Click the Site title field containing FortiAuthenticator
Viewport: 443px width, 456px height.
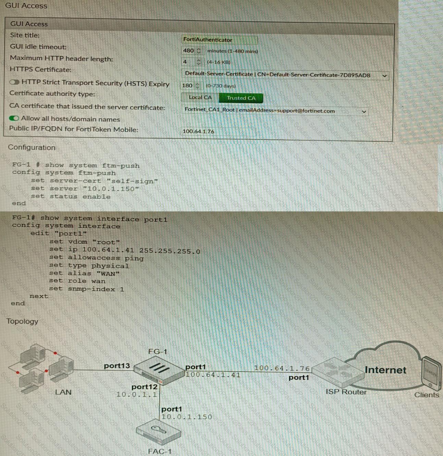(219, 40)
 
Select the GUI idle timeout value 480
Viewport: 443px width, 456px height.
(188, 51)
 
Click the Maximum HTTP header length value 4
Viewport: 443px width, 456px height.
(185, 62)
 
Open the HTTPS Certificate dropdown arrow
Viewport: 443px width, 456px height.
(384, 76)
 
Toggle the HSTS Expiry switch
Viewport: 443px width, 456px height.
(14, 82)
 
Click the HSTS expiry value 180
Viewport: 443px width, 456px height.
(187, 86)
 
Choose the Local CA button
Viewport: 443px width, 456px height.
(200, 97)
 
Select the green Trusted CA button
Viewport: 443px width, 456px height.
(241, 98)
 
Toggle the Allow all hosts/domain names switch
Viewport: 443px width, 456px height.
(14, 118)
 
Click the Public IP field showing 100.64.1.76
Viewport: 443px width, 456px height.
(218, 131)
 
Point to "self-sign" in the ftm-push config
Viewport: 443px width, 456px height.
(132, 181)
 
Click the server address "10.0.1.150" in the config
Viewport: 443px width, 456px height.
(111, 189)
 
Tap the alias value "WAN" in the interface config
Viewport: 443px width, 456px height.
(108, 273)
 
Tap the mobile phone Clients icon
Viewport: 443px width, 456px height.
(431, 372)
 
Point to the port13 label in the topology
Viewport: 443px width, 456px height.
(117, 366)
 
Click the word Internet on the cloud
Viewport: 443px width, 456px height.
(385, 370)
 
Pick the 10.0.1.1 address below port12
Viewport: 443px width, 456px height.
(137, 394)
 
